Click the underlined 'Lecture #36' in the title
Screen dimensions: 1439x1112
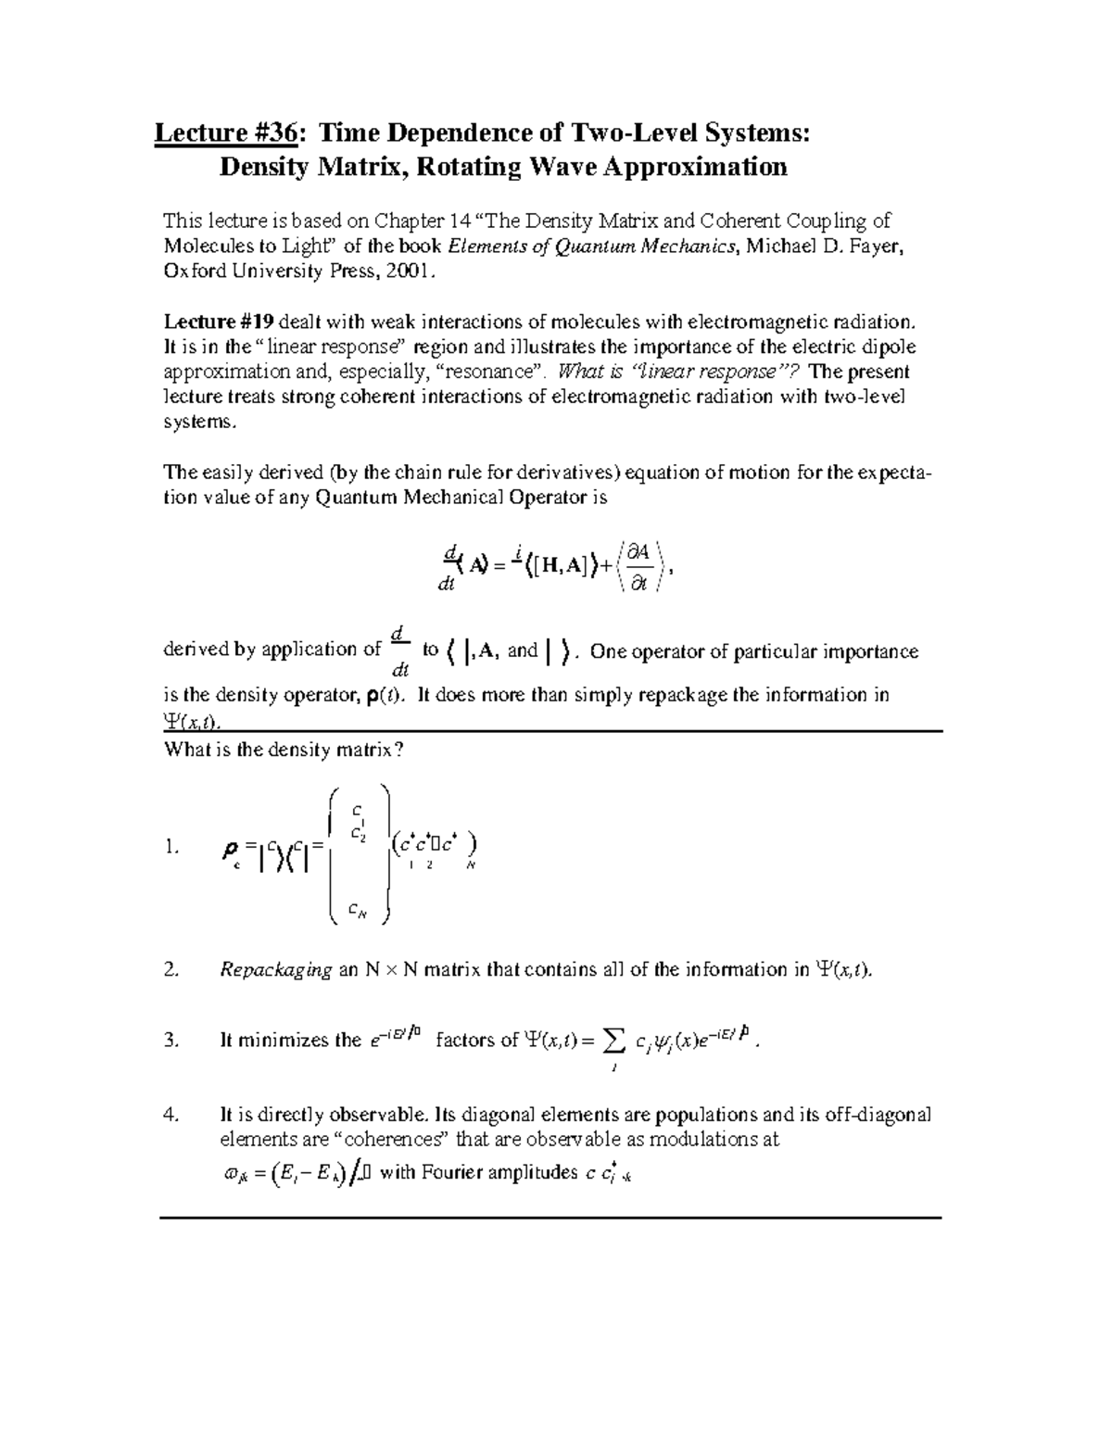[x=226, y=133]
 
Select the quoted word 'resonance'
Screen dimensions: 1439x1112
[x=496, y=372]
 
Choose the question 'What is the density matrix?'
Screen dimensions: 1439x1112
[x=284, y=751]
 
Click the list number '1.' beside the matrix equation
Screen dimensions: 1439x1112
[x=170, y=847]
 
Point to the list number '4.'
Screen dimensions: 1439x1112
[x=170, y=1115]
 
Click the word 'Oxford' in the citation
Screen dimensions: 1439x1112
[x=194, y=272]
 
